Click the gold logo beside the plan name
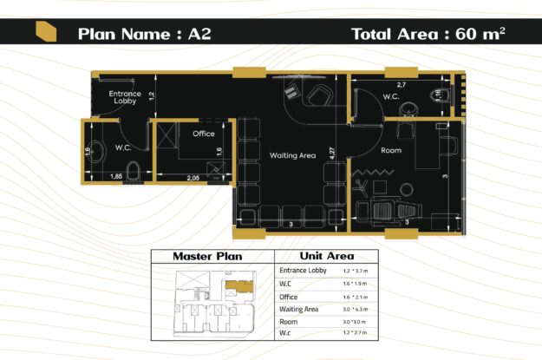46,33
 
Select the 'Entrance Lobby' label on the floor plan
125,97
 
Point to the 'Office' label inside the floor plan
204,134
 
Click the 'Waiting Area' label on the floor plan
292,155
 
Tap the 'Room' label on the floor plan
391,150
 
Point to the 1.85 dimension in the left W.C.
115,177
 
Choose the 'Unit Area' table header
325,256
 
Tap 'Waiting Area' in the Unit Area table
298,309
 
